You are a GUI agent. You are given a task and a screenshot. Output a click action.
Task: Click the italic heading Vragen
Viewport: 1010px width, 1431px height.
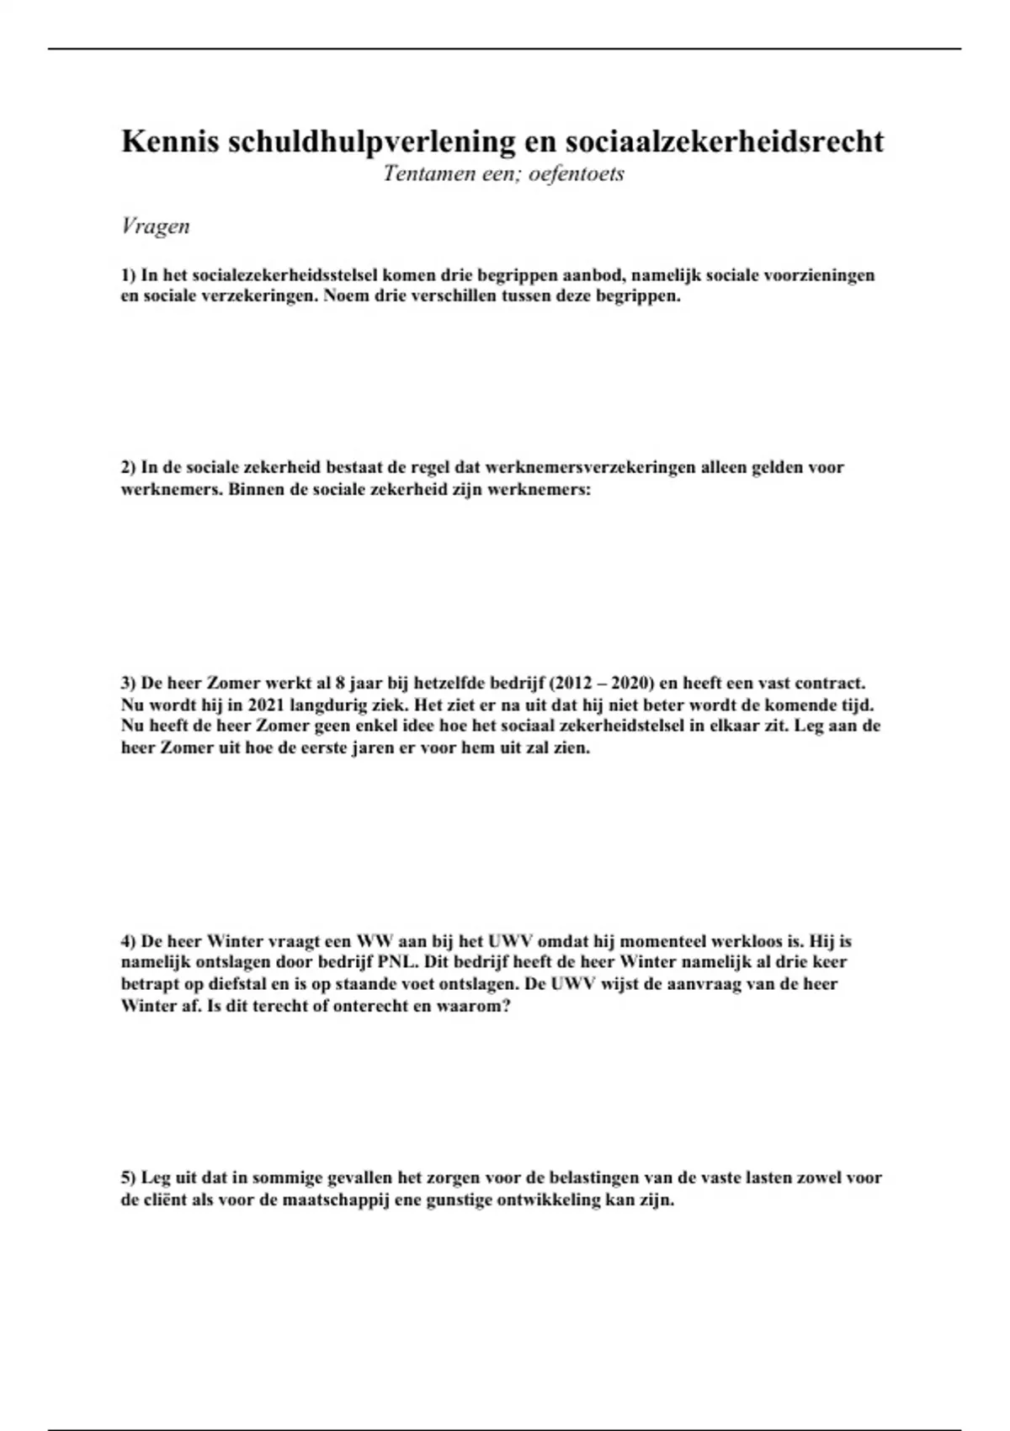click(x=156, y=226)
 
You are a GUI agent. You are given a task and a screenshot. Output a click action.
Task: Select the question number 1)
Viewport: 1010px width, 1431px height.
click(x=128, y=275)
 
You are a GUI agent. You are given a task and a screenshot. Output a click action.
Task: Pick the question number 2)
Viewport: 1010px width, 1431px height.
click(x=128, y=468)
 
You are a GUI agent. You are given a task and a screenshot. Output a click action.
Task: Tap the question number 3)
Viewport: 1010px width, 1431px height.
click(x=128, y=683)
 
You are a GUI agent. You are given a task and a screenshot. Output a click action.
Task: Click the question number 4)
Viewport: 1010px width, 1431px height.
click(x=128, y=941)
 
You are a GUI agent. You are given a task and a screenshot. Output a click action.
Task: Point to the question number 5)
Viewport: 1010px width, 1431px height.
click(x=128, y=1178)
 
